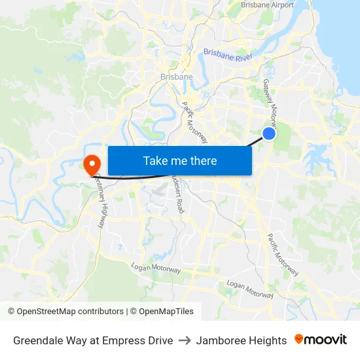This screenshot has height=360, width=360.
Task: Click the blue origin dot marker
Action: (268, 134)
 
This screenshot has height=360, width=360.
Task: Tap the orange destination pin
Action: (91, 164)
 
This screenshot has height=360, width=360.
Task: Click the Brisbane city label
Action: (176, 77)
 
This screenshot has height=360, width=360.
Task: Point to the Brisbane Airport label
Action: (267, 5)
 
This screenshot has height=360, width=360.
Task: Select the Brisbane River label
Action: (228, 54)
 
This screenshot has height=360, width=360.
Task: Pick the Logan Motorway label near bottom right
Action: (249, 289)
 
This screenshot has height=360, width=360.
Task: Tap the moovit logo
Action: (321, 340)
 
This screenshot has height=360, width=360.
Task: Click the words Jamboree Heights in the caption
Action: (242, 340)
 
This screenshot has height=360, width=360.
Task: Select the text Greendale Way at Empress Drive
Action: (93, 340)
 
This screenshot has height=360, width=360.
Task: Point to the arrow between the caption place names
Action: (185, 340)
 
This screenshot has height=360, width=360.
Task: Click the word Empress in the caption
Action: (126, 340)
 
